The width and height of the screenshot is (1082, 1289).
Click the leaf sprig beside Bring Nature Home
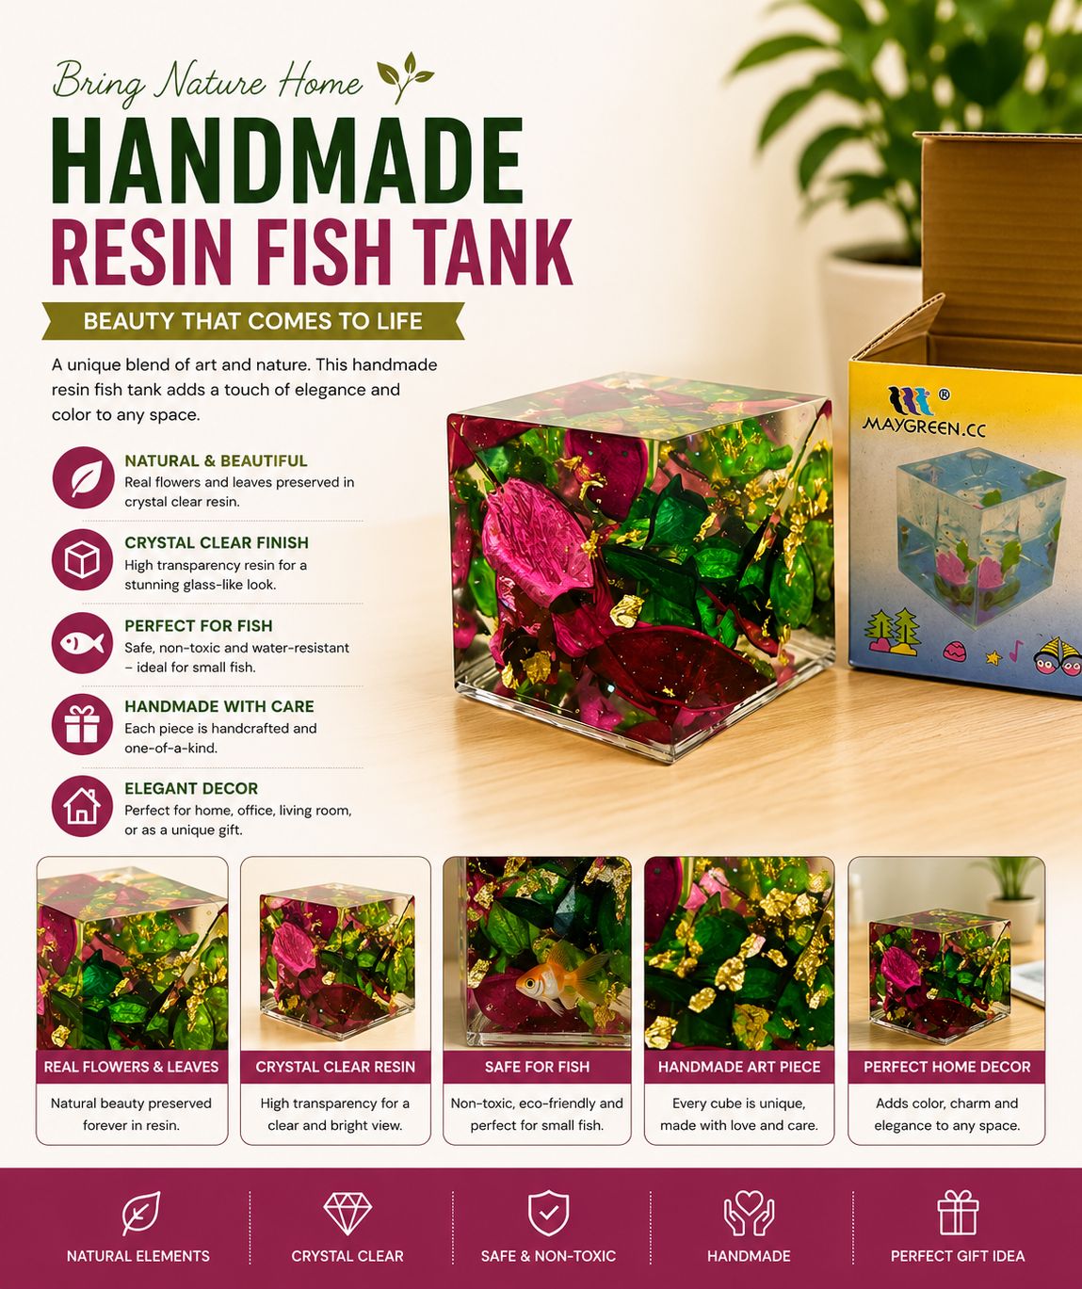click(405, 77)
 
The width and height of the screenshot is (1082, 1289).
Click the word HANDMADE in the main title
click(287, 159)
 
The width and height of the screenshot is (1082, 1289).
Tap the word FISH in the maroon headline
click(321, 252)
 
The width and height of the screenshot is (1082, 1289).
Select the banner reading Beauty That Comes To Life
click(253, 321)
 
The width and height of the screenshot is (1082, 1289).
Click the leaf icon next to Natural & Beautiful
click(83, 477)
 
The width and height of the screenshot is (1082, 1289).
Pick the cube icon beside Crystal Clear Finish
click(83, 560)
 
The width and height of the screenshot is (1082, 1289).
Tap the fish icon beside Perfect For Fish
click(83, 643)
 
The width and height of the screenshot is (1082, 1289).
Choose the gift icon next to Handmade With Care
click(83, 724)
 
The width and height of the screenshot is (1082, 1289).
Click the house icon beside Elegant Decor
click(83, 806)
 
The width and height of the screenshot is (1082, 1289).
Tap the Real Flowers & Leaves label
click(132, 1067)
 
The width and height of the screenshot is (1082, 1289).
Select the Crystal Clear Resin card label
click(335, 1067)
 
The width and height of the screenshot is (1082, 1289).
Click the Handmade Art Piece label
click(739, 1067)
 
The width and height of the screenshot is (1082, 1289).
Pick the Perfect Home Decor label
click(946, 1067)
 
